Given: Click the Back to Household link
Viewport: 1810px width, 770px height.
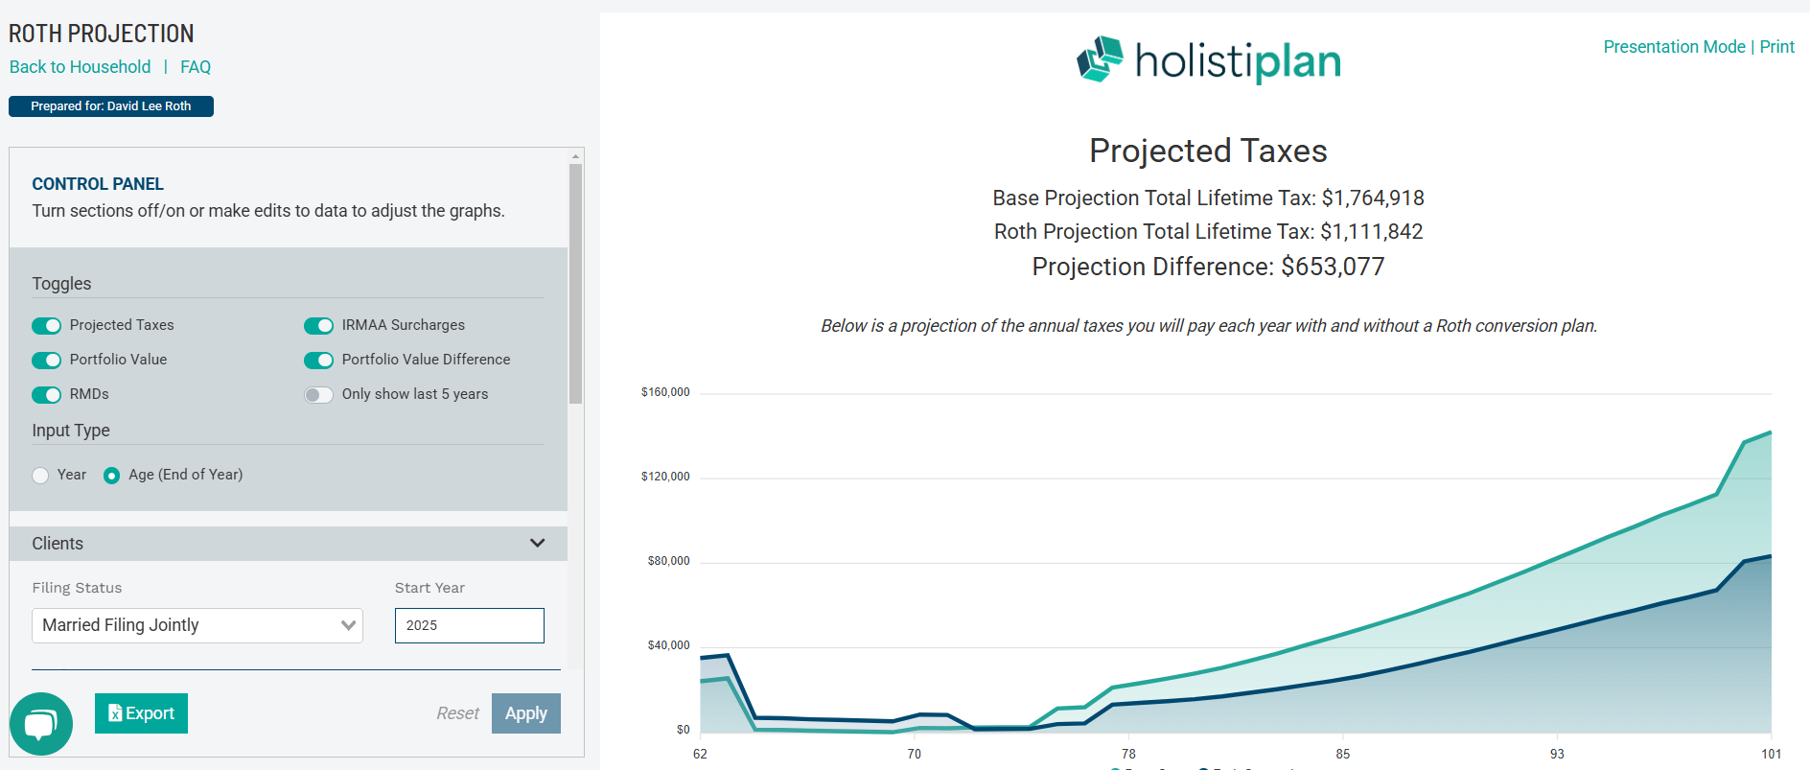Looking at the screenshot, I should [x=80, y=67].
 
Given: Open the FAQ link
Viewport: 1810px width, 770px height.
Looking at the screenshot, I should [x=196, y=67].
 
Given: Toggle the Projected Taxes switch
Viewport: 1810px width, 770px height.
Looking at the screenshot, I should [x=46, y=326].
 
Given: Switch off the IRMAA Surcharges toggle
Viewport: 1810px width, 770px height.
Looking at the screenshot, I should [x=318, y=326].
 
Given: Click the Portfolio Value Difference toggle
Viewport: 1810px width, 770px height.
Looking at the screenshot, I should [x=318, y=361].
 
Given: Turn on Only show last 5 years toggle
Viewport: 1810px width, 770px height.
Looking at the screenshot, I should [x=318, y=395].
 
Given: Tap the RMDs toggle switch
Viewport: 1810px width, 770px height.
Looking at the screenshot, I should [x=46, y=395].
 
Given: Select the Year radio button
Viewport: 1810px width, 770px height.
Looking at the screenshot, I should [x=40, y=476].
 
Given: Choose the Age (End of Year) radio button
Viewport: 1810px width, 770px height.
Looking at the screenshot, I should [x=112, y=476].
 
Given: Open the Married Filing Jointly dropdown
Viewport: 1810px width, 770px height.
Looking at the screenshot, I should [x=197, y=625].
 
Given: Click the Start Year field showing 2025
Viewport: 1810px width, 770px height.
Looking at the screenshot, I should [x=469, y=625].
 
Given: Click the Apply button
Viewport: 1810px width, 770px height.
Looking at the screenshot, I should [x=525, y=713].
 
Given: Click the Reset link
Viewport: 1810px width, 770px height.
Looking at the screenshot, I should [x=457, y=713].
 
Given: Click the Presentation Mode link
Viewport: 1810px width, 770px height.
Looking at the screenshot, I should [x=1674, y=47].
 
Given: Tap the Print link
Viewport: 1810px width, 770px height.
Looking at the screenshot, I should [x=1776, y=47].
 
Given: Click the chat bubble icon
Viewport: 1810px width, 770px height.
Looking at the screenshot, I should [x=41, y=724].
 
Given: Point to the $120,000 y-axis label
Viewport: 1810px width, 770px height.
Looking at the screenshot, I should [x=665, y=477].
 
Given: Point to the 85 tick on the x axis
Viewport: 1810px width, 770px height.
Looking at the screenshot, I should [x=1342, y=754].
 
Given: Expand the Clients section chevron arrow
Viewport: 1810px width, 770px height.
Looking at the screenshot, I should [x=537, y=543].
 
